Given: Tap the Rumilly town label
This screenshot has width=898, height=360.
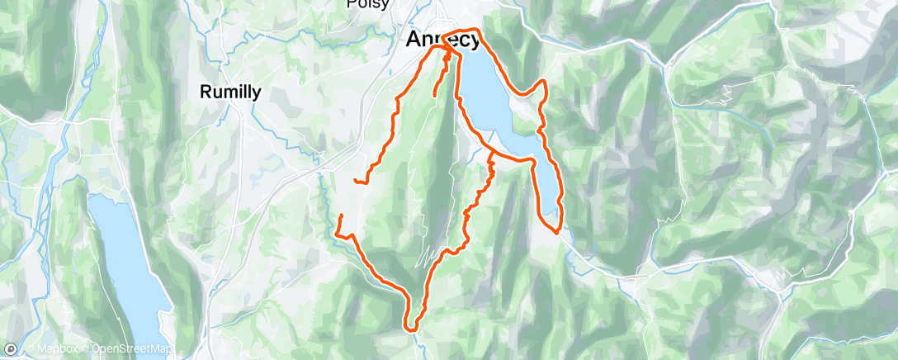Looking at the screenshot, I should pos(230,92).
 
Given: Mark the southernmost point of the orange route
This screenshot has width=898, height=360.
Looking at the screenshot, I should pos(409,329).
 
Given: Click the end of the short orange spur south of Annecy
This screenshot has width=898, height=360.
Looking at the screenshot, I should pos(434,99).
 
